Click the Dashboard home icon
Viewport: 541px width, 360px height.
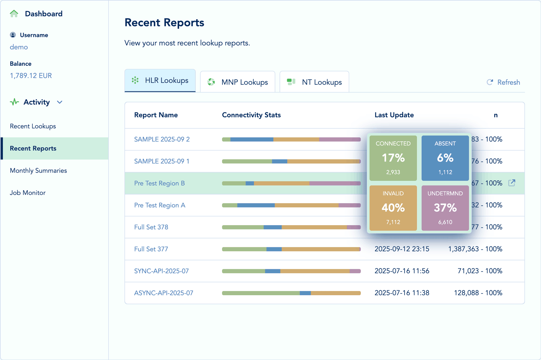(x=14, y=14)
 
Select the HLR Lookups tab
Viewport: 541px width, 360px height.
(x=160, y=81)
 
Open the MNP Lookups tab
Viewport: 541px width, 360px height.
(x=237, y=82)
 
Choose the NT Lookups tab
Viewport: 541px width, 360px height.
(x=314, y=82)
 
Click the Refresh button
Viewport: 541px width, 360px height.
(x=503, y=82)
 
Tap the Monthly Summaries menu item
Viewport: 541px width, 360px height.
(x=38, y=171)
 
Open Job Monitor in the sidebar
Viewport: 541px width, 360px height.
(x=28, y=193)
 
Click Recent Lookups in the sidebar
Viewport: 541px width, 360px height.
(x=33, y=126)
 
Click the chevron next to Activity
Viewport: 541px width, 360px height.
(x=60, y=102)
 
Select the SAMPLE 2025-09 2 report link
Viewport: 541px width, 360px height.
(x=162, y=139)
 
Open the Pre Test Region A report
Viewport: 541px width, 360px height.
(x=159, y=205)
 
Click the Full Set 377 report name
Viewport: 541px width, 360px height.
(x=151, y=249)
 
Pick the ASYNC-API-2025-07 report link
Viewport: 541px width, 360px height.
(x=164, y=293)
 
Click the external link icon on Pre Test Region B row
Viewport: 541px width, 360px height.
(x=512, y=183)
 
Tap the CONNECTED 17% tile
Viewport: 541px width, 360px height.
(x=393, y=158)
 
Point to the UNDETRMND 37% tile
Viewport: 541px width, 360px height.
(x=445, y=208)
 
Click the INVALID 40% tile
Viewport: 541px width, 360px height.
(x=393, y=208)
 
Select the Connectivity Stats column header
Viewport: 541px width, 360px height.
(x=251, y=115)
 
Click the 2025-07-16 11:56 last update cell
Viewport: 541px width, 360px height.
(x=402, y=271)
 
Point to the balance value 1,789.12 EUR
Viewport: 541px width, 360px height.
(x=31, y=76)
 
